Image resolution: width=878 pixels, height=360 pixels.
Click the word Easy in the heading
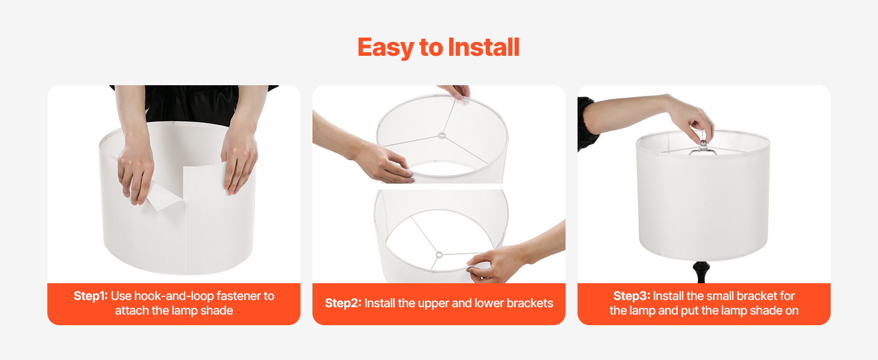(386, 48)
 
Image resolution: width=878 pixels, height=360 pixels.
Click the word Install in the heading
(483, 47)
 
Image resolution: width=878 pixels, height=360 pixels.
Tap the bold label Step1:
(91, 296)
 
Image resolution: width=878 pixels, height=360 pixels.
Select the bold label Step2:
(343, 303)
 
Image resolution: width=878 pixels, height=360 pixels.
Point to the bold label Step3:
(632, 296)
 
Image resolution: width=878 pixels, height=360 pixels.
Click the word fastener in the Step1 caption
(239, 296)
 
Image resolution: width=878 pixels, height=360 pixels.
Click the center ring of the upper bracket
(442, 136)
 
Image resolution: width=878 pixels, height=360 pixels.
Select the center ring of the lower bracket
(439, 255)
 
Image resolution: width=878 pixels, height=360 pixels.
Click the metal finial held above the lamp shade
(703, 147)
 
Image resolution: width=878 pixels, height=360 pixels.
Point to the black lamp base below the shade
(701, 271)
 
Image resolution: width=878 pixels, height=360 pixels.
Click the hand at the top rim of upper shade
(455, 91)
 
